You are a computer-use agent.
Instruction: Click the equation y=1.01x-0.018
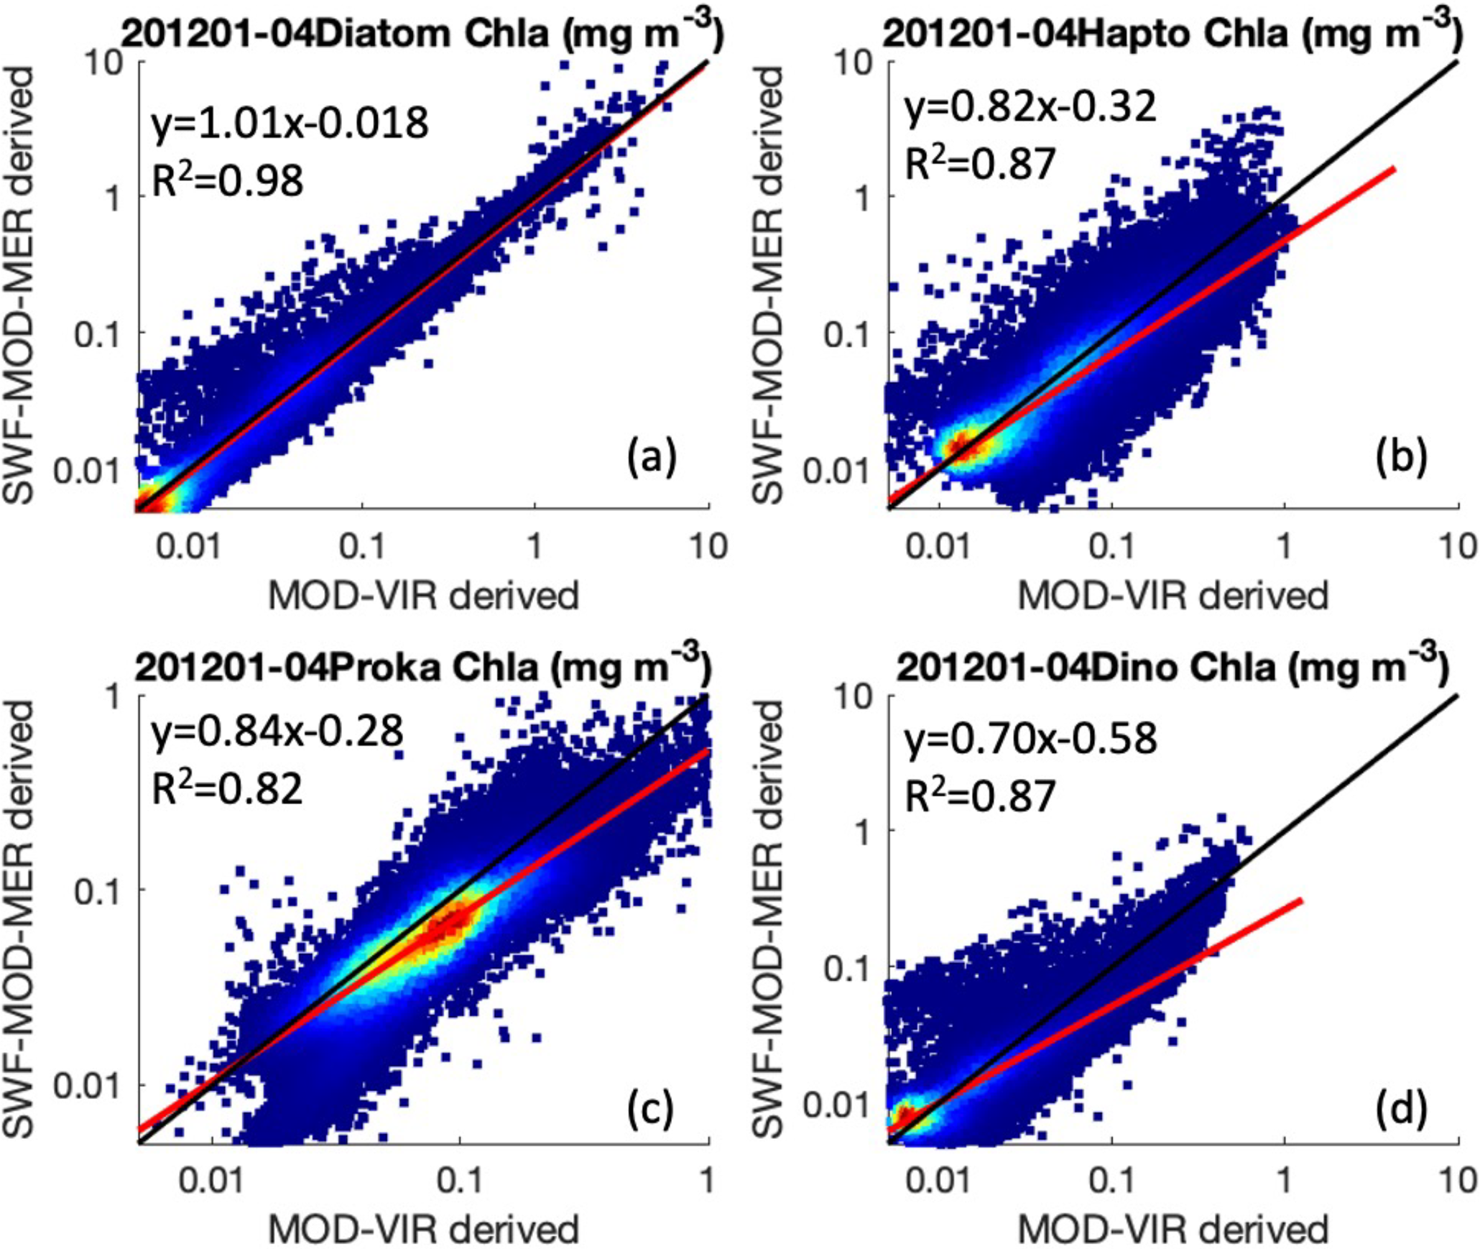290,123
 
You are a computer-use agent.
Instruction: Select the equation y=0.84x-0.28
277,732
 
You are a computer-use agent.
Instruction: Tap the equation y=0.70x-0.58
1030,738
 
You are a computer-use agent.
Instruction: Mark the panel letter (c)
650,1107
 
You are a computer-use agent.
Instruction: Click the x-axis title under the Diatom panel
423,596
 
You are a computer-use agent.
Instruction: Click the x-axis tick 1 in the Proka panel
708,1180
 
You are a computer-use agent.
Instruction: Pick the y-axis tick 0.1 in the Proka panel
98,890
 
